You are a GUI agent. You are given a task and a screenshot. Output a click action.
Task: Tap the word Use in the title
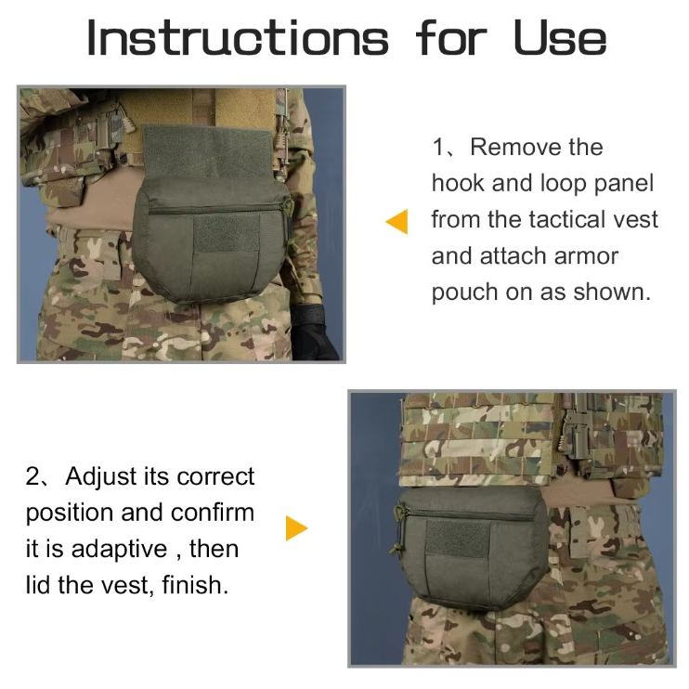(x=560, y=38)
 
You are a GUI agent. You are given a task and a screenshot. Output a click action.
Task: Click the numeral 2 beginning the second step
(x=33, y=477)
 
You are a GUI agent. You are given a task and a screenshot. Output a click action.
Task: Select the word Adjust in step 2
(x=101, y=477)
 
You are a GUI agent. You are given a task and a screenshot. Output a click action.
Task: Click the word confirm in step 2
(x=213, y=513)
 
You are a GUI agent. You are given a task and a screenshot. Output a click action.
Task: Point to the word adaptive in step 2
(x=119, y=550)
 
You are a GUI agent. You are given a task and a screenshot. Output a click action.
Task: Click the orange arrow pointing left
(x=396, y=222)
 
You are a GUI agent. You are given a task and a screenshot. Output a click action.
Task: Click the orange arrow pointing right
(x=295, y=529)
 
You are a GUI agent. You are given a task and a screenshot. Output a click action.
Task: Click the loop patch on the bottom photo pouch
(x=456, y=539)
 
